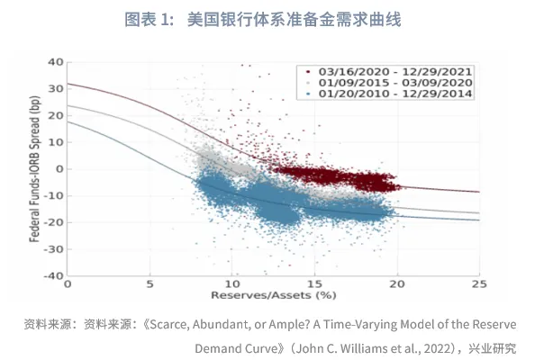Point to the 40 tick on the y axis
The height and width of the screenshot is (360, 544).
[55, 62]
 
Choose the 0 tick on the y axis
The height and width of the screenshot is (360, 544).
[58, 168]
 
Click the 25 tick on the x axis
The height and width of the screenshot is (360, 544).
[479, 284]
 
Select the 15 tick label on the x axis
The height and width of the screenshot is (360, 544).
[314, 284]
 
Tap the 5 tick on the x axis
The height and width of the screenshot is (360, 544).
[150, 284]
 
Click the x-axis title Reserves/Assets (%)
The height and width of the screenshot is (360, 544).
[273, 295]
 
